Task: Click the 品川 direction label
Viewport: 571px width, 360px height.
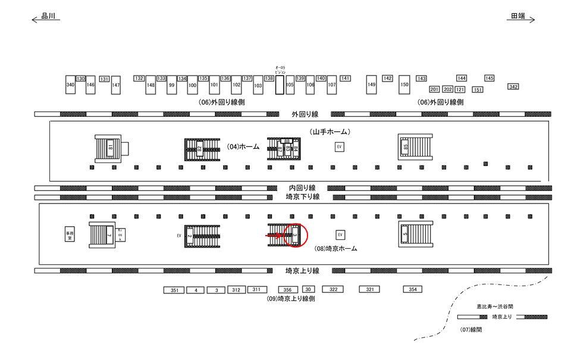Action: (48, 17)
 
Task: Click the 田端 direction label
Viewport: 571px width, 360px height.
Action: (517, 17)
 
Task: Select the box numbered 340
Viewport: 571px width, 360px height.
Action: (70, 85)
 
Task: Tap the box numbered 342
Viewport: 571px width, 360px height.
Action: (513, 87)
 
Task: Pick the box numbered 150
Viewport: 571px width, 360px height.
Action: (404, 84)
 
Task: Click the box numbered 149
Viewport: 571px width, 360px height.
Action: (372, 84)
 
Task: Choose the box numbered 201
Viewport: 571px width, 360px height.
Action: (434, 89)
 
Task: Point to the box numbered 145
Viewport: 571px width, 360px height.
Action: (490, 78)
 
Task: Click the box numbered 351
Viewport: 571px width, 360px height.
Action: (174, 290)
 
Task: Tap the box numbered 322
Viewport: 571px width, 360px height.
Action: (333, 289)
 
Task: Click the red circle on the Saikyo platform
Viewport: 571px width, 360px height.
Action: (295, 235)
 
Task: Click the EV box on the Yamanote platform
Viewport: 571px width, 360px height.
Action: (340, 146)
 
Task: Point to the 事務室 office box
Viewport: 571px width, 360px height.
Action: (70, 235)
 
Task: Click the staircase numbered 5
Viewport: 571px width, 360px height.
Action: (413, 235)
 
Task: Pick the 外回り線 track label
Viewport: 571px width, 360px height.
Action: (305, 114)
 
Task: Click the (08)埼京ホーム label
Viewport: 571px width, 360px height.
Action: (336, 249)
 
